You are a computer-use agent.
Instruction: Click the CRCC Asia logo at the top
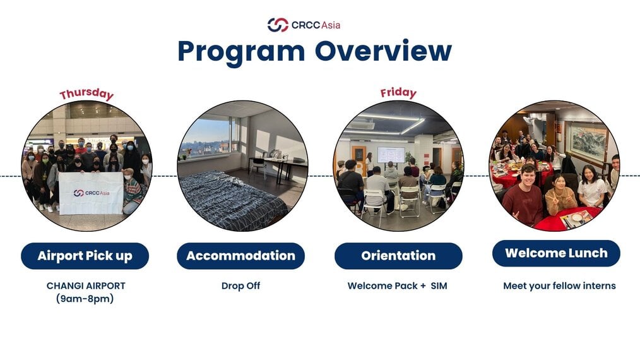(304, 25)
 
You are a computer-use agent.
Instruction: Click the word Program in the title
(241, 52)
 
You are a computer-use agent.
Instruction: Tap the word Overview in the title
(383, 51)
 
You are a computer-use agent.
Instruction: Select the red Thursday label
(86, 94)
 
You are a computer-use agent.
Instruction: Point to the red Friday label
(398, 93)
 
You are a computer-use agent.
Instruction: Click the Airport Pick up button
(85, 256)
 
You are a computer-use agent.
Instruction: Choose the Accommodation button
(241, 256)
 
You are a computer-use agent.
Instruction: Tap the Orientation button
(398, 256)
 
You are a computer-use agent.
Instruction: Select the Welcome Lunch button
(556, 253)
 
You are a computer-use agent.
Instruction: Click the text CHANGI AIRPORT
(86, 285)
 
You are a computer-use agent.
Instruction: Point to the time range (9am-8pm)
(85, 299)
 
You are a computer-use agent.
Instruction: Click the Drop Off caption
(241, 285)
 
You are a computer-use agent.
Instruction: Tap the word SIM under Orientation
(439, 285)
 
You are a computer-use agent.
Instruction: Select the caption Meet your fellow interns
(559, 286)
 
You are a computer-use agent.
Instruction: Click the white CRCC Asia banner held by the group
(91, 193)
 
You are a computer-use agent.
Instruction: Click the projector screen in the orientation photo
(391, 155)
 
